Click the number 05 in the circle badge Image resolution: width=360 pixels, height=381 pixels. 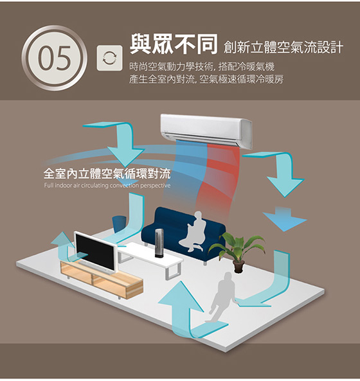tap(55, 58)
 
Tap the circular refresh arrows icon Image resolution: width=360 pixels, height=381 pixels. tap(109, 58)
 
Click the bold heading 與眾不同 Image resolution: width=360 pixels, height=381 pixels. tap(174, 44)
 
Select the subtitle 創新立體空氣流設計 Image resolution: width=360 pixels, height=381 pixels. tap(283, 47)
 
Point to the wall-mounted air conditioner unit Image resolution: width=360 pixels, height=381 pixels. tap(206, 130)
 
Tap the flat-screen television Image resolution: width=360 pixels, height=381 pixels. tap(95, 253)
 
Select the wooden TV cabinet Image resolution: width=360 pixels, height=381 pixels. tap(102, 279)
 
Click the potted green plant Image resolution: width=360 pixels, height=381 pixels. tap(237, 251)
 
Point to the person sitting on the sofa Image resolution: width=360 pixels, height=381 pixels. tap(194, 233)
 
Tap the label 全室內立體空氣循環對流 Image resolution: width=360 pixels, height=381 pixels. tap(107, 173)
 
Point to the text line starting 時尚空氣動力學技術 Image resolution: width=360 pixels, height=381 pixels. tap(202, 66)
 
